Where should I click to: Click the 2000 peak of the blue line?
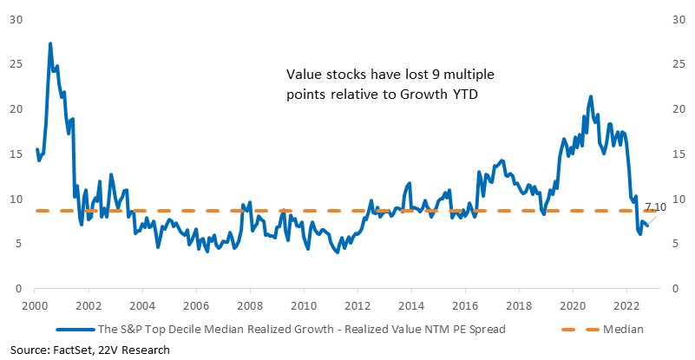coord(50,43)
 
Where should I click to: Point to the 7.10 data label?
coord(655,207)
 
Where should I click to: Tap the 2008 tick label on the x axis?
coord(250,305)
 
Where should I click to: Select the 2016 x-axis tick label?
coord(465,305)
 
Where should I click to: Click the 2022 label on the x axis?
coord(626,305)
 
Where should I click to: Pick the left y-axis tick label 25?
coord(16,65)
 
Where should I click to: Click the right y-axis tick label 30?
coord(679,20)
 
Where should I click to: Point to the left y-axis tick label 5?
coord(18,244)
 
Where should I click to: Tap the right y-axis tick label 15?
coord(679,154)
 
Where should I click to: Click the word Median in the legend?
coord(623,330)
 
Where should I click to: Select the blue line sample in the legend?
coord(75,330)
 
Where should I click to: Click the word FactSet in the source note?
coord(63,350)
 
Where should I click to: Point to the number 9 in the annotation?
coord(435,74)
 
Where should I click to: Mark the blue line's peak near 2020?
coord(590,96)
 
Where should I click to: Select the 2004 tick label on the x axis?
coord(142,305)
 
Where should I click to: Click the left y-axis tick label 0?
coord(18,289)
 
